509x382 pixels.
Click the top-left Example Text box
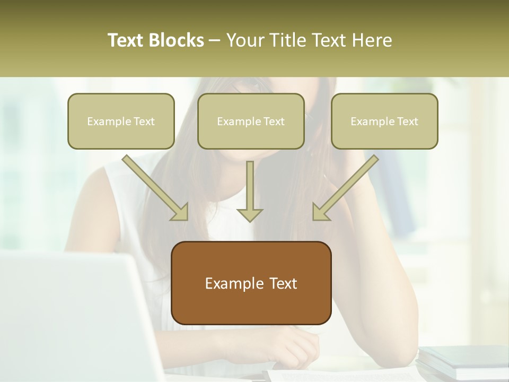121,121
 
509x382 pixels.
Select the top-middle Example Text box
251,121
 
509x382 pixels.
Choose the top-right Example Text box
384,121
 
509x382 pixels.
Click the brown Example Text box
251,283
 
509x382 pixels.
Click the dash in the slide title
215,40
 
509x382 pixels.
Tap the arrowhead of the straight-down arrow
249,214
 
